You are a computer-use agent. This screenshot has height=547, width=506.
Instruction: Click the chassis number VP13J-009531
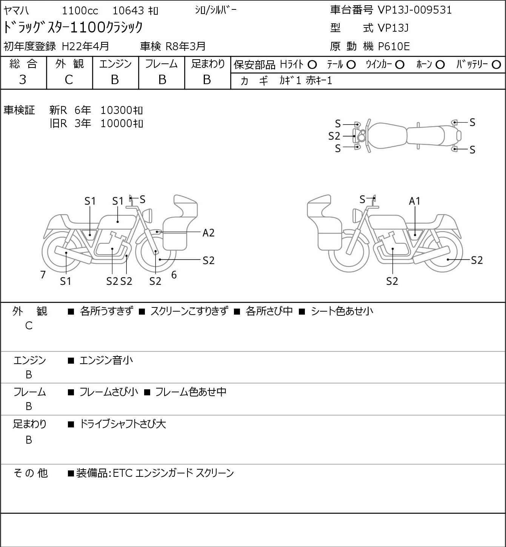[415, 10]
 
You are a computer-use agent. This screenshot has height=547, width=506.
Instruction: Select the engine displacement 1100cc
[80, 11]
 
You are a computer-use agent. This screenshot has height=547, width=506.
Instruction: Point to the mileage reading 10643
[128, 11]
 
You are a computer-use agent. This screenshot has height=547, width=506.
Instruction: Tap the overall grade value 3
[23, 80]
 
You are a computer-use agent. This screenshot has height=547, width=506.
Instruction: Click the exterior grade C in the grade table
[69, 80]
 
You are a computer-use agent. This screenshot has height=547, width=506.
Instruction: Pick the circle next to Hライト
[312, 65]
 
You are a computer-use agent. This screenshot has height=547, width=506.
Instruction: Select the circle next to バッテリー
[496, 65]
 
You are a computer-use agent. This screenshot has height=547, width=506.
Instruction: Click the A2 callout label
[208, 233]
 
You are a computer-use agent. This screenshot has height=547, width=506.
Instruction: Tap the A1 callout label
[415, 201]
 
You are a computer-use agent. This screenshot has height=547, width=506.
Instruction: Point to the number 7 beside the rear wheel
[43, 275]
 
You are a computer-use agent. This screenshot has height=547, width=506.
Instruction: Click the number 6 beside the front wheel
[174, 275]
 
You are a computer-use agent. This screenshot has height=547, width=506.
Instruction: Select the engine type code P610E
[394, 46]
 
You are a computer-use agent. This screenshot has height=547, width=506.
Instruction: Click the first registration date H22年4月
[85, 46]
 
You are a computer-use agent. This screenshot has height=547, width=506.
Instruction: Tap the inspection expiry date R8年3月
[186, 46]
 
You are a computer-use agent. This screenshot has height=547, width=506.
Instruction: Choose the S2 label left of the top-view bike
[334, 136]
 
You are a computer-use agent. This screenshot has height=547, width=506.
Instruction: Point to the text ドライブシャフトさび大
[123, 424]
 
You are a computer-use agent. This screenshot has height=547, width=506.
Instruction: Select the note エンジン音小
[106, 360]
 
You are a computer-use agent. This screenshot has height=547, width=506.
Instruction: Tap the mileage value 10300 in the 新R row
[116, 110]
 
